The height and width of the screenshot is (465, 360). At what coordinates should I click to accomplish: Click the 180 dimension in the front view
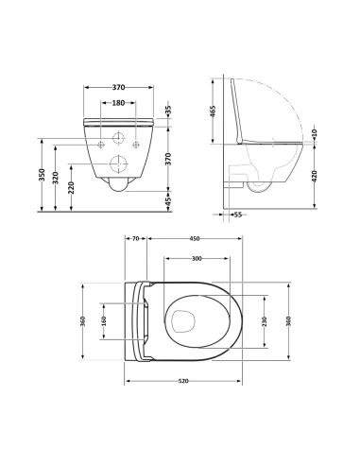click(119, 102)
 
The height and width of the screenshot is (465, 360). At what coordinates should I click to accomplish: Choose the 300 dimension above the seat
click(197, 257)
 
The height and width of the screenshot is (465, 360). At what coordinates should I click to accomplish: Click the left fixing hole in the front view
click(101, 144)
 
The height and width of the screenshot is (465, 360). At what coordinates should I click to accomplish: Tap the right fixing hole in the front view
click(136, 144)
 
